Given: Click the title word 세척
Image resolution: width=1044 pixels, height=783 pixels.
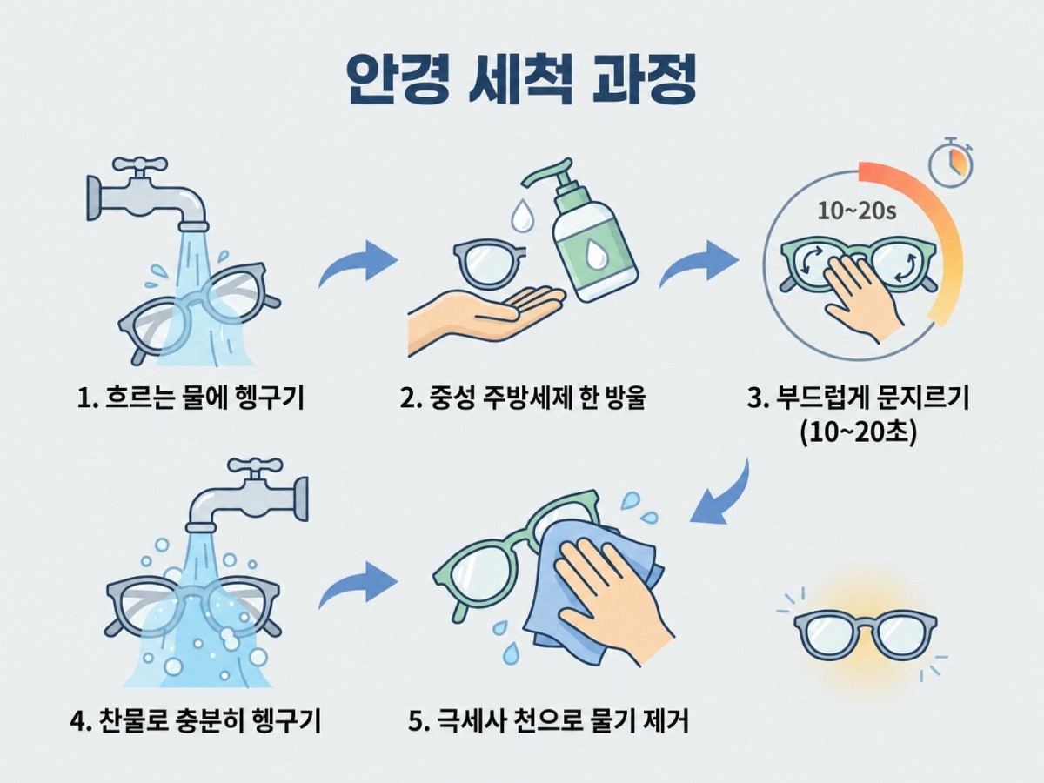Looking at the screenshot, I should click(x=523, y=83).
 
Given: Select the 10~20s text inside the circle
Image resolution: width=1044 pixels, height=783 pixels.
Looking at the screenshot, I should click(x=851, y=211).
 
